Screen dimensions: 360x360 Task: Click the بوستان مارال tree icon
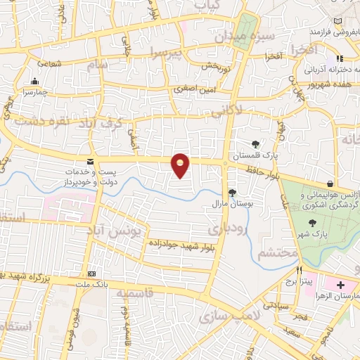(x=231, y=193)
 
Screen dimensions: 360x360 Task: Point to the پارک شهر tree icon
(x=311, y=222)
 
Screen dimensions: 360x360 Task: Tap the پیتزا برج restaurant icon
(x=299, y=270)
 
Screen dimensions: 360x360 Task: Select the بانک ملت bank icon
(x=91, y=274)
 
